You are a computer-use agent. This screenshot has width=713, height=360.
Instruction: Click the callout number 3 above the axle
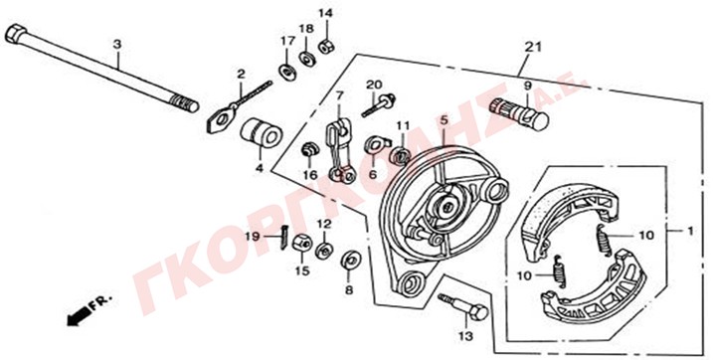[x=117, y=45]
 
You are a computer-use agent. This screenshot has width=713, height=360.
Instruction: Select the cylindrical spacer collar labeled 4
[x=262, y=132]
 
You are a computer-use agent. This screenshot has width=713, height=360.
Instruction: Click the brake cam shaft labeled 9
[x=519, y=113]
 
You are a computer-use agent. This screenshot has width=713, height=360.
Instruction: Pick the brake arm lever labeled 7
[x=340, y=149]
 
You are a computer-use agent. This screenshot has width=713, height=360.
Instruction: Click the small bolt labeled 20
[x=378, y=105]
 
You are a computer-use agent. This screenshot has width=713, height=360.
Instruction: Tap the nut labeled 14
[x=326, y=47]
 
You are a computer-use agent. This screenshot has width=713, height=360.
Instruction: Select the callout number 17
[x=287, y=41]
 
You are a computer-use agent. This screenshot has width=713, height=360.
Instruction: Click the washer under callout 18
[x=306, y=59]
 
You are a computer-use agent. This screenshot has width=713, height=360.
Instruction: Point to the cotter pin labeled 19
[x=282, y=238]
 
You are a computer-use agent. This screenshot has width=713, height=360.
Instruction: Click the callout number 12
[x=324, y=224]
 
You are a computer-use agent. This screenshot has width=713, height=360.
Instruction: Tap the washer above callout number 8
[x=350, y=261]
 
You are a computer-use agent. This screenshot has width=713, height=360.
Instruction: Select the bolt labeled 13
[x=463, y=307]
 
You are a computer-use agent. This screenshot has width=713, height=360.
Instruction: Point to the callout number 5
[x=444, y=121]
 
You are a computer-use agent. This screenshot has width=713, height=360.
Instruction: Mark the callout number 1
[x=690, y=231]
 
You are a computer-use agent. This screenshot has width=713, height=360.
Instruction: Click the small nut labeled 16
[x=309, y=150]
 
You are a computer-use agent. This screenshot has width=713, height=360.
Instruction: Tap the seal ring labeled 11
[x=401, y=154]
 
